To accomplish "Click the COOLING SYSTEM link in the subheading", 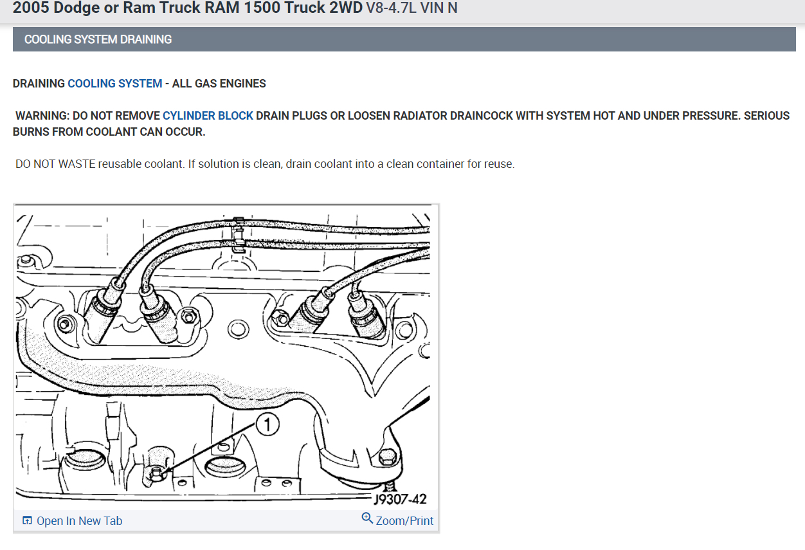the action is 114,84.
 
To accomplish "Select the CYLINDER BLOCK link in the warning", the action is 208,116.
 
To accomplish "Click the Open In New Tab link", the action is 79,521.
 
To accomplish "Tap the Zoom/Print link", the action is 404,521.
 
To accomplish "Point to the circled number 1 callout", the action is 267,425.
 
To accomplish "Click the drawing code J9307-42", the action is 400,499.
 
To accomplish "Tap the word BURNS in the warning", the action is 32,132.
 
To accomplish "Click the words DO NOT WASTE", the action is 55,164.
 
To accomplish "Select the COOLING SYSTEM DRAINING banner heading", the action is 98,39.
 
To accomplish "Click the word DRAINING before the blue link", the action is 39,84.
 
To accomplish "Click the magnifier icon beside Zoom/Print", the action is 367,518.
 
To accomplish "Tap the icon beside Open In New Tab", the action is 27,521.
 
